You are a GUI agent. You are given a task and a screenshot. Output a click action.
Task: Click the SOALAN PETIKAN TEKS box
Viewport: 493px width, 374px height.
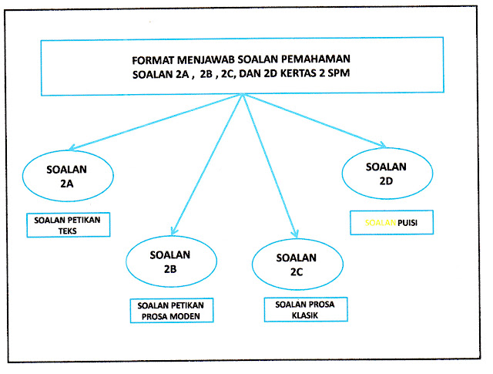point(67,224)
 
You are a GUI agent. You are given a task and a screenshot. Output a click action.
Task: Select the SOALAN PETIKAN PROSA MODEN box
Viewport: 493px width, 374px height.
point(170,310)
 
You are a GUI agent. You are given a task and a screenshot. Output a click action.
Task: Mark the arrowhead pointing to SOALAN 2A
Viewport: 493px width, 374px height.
point(72,149)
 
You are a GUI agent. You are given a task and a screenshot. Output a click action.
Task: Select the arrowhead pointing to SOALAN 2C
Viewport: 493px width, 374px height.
point(293,231)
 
